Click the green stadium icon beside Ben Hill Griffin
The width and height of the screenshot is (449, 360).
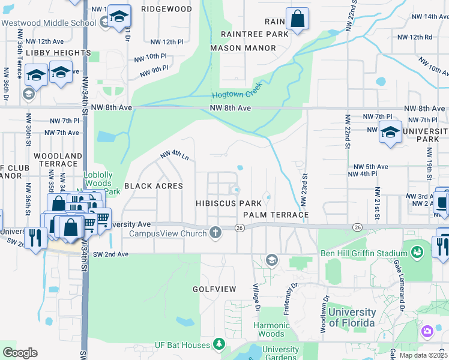point(418,251)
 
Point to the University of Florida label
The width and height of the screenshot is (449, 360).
point(344,317)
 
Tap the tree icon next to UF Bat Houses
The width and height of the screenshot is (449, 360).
point(220,344)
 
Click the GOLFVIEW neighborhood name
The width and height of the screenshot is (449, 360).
point(214,289)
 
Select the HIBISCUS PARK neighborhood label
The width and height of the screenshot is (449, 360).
point(229,203)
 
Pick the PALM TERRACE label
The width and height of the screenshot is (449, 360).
point(276,214)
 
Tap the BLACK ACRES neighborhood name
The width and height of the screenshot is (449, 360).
point(153,186)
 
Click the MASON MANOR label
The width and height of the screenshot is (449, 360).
point(243,47)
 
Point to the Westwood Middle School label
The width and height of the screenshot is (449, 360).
point(49,23)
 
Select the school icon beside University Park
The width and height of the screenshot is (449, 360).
point(390,132)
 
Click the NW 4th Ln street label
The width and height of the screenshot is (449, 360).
point(175,155)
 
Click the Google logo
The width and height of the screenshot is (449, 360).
point(20,352)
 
